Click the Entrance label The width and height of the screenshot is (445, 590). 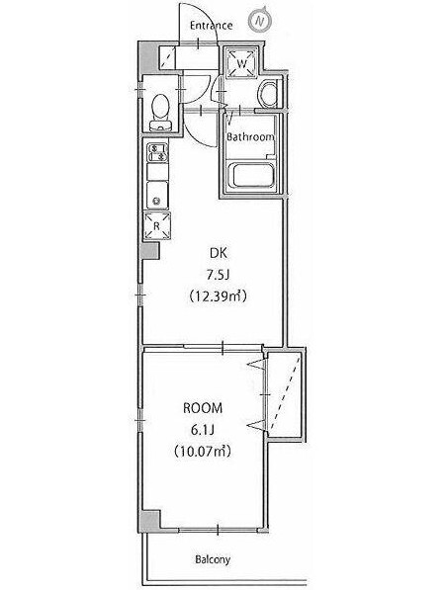211,26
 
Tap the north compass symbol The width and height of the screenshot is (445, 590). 260,20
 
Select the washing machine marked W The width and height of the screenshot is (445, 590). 241,62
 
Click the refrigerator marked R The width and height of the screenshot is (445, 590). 156,225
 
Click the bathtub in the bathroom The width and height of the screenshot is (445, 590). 251,175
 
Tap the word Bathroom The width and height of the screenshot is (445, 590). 250,137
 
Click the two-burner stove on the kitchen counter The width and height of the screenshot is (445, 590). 157,152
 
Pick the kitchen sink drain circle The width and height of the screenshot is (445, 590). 156,202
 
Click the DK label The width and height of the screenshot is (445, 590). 219,253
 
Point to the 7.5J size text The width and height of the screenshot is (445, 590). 218,276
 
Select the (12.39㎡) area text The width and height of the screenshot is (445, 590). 218,296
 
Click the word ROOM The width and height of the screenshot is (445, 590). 203,408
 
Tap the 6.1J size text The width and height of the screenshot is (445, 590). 203,429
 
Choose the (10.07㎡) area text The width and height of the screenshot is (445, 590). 203,451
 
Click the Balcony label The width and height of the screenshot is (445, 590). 213,559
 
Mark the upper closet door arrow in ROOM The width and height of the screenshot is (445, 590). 257,364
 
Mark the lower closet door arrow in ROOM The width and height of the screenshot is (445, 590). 257,426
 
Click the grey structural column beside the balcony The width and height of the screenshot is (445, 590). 149,521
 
